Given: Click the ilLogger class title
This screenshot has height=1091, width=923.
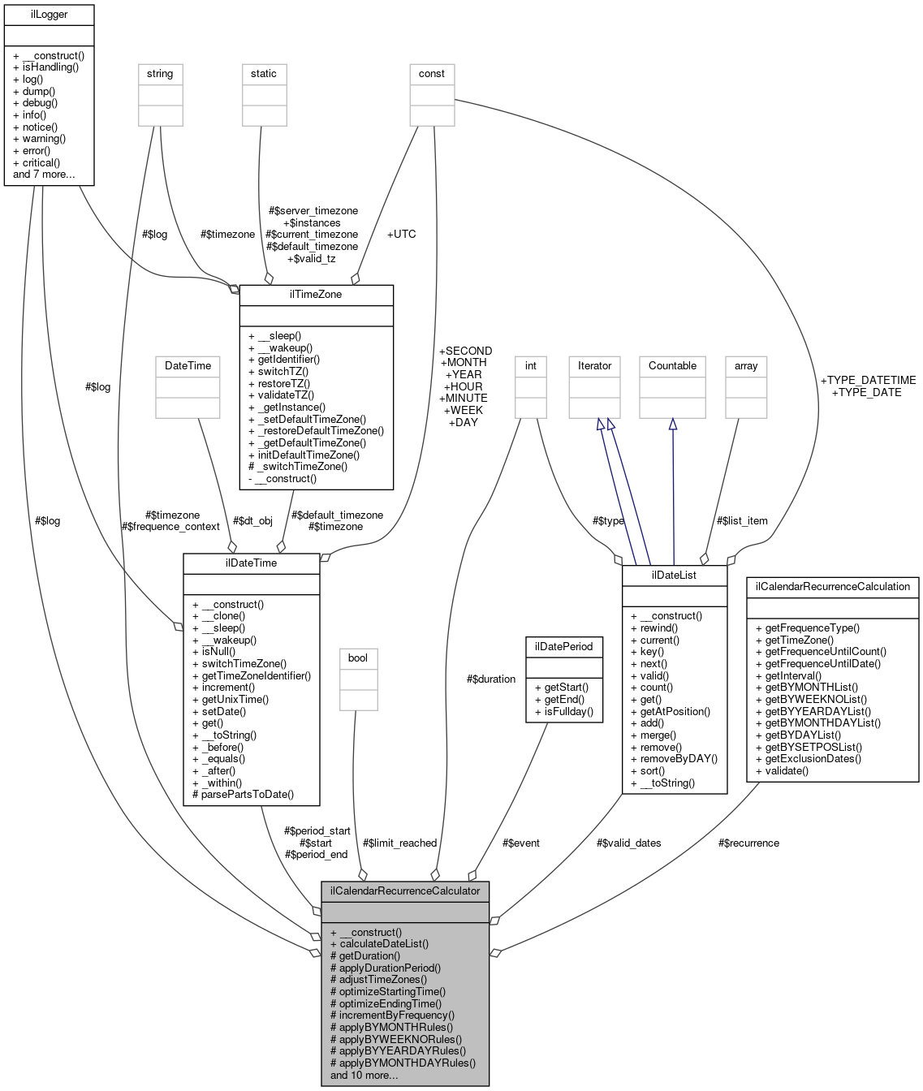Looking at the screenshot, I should tap(49, 14).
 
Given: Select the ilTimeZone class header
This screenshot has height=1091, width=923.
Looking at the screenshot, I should tap(316, 295).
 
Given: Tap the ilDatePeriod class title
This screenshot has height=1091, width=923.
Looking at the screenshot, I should tap(564, 646).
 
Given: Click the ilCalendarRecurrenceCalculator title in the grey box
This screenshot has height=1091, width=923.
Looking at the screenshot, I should tap(405, 891).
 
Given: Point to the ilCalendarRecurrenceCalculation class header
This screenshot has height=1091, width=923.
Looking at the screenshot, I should tap(832, 586).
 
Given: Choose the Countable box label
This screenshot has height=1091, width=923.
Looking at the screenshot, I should tap(672, 366).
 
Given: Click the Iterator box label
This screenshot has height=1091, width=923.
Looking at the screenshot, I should tap(594, 366).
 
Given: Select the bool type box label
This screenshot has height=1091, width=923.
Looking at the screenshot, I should tap(358, 658).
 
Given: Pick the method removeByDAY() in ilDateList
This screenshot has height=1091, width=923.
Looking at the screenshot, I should tap(673, 759).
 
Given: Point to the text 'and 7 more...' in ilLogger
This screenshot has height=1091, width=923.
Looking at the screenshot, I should tap(44, 175).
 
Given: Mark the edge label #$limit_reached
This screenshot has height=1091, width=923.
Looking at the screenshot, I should tap(399, 843).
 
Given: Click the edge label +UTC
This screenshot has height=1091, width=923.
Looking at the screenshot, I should tap(401, 234).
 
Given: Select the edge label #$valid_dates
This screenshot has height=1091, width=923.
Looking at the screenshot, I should tap(628, 843).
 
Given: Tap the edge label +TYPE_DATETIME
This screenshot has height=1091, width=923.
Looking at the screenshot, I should tap(868, 380).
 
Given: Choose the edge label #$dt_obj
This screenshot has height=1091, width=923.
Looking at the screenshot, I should tap(252, 520).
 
